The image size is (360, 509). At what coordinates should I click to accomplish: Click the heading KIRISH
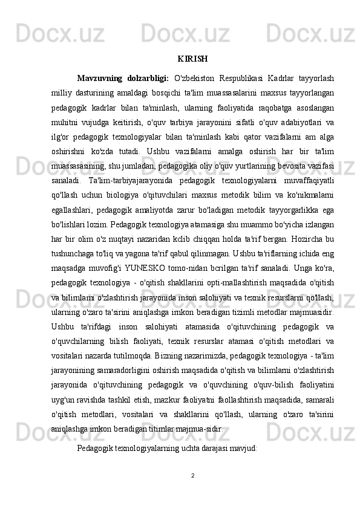pyautogui.click(x=193, y=59)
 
